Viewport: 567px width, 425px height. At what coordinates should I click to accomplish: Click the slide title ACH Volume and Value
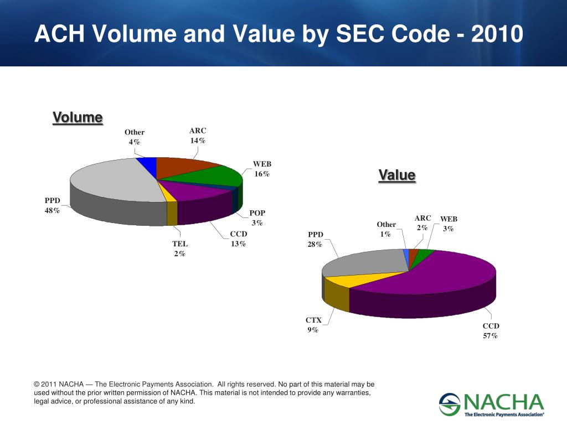279,34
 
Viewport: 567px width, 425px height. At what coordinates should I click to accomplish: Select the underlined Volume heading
78,118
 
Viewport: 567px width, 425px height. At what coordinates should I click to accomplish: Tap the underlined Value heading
397,175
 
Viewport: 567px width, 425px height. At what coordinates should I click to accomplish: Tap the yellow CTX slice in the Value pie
343,279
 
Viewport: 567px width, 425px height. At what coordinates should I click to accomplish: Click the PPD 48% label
53,205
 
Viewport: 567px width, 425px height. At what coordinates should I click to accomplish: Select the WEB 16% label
262,169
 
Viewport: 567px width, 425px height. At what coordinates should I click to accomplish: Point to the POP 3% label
257,217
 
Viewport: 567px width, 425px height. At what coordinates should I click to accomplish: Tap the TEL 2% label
179,248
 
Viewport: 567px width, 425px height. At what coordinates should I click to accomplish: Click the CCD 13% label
239,239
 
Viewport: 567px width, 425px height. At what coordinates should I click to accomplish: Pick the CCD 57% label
491,331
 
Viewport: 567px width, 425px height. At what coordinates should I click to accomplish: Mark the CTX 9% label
313,325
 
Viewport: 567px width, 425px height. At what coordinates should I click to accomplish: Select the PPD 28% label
316,239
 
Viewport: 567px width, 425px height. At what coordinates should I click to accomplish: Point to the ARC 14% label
198,136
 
